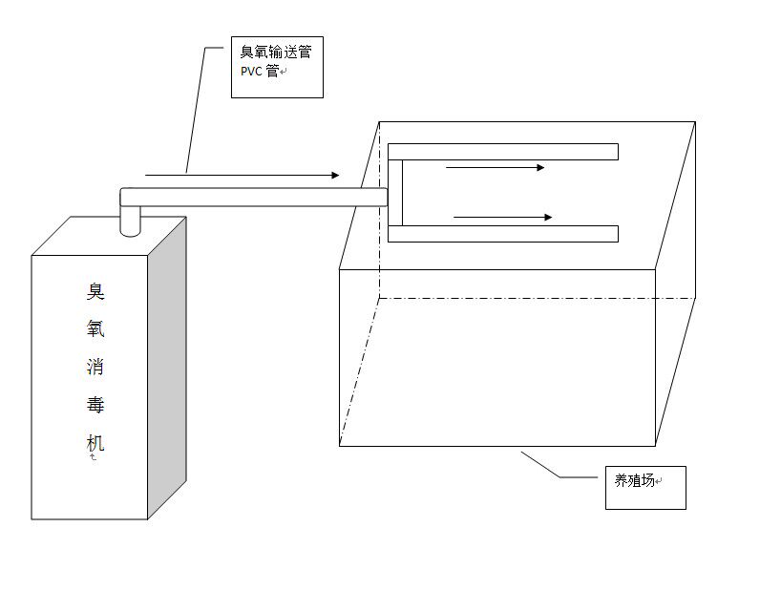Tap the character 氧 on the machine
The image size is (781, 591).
click(x=95, y=329)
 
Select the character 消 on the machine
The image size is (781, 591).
click(x=95, y=368)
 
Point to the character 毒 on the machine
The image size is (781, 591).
click(x=95, y=406)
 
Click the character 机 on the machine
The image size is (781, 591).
click(x=95, y=443)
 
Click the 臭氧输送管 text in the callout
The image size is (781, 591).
click(x=275, y=53)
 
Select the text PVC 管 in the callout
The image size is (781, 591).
click(x=260, y=72)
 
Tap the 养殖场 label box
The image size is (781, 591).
click(x=645, y=488)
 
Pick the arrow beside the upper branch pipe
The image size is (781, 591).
click(x=495, y=168)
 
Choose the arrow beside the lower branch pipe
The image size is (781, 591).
click(x=502, y=218)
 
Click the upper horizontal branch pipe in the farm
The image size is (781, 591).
click(x=503, y=152)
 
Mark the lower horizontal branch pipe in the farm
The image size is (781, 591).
click(x=503, y=234)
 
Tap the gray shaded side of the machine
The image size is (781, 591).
click(x=166, y=363)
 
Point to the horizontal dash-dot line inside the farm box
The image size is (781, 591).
click(x=535, y=298)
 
